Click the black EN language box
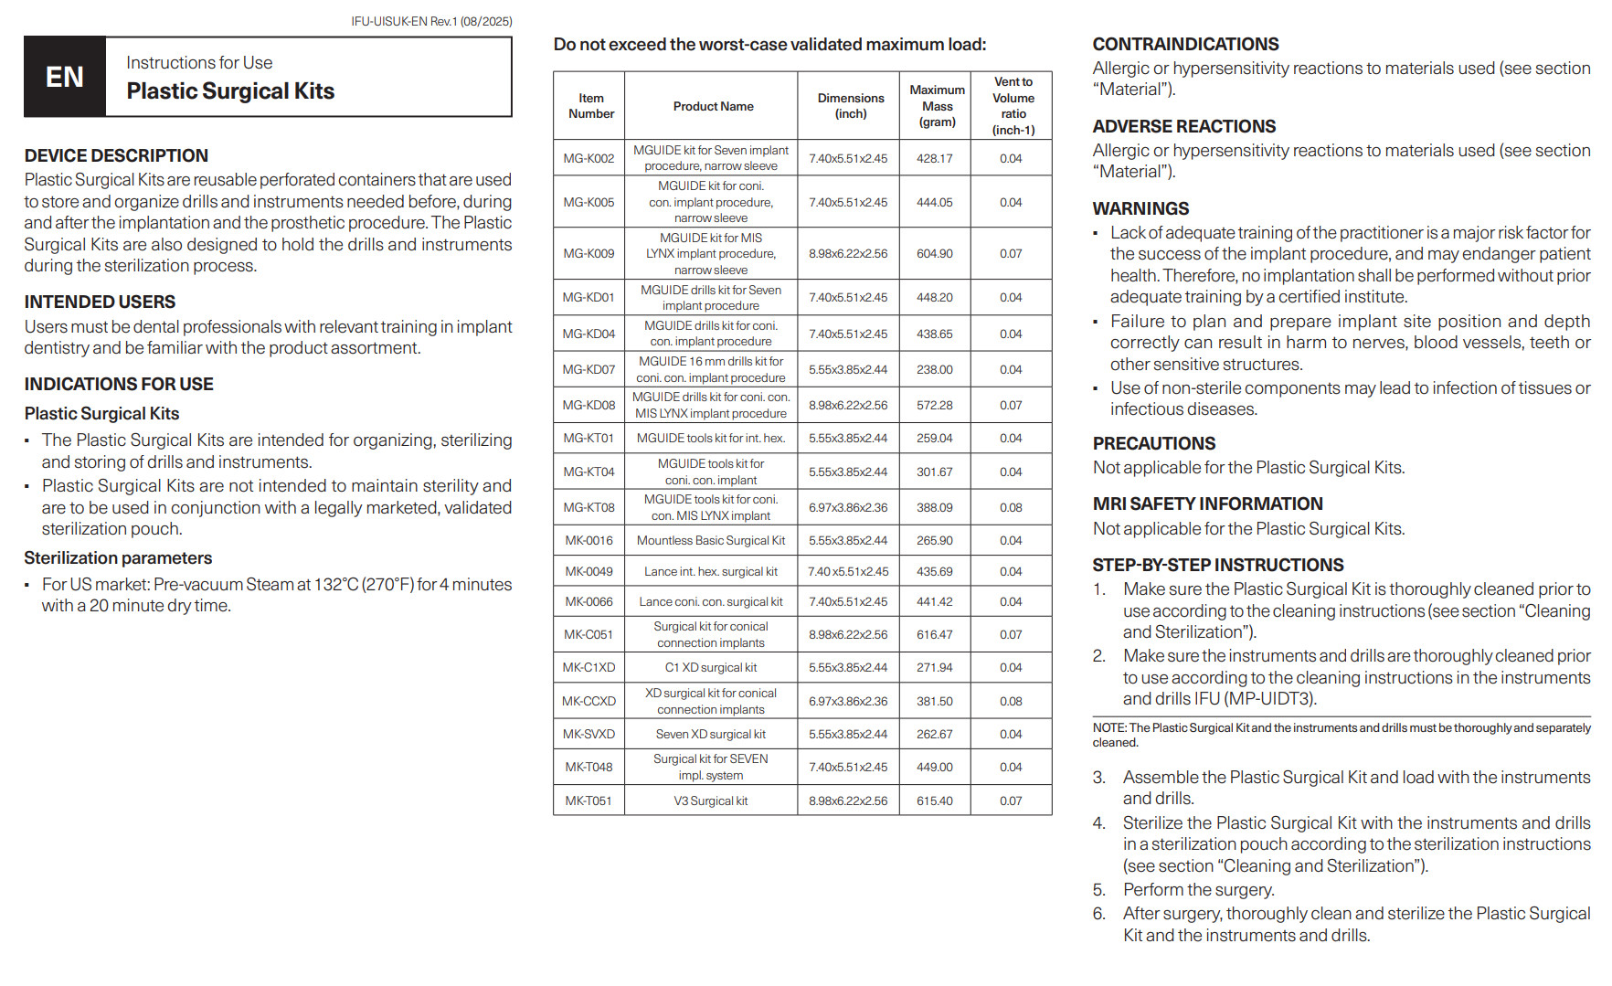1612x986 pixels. click(65, 77)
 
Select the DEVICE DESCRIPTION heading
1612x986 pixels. click(116, 155)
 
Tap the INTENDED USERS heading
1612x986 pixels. click(100, 302)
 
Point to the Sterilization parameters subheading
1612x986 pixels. click(118, 557)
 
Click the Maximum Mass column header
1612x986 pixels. click(937, 106)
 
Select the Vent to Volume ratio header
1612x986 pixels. click(1013, 106)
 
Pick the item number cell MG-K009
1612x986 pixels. click(589, 253)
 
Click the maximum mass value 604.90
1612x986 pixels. click(934, 253)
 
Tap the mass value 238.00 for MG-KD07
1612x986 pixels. click(934, 369)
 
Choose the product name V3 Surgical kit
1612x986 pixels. click(710, 800)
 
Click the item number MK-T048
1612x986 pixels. click(589, 767)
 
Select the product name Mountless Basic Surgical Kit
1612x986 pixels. click(710, 540)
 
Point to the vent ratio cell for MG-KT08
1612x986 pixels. click(1011, 507)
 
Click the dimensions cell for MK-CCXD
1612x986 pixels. click(848, 701)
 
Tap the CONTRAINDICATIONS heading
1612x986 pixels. click(1185, 44)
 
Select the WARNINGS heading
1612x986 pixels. click(1140, 208)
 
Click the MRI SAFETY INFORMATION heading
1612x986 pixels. click(1207, 504)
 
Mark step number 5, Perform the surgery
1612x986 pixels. click(1198, 889)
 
